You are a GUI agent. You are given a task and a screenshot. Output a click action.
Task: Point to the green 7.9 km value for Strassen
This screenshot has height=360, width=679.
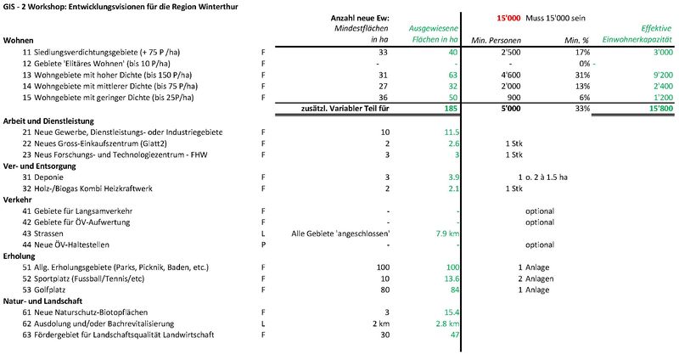(x=446, y=233)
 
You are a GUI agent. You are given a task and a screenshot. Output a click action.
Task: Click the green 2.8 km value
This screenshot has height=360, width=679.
(x=446, y=324)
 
